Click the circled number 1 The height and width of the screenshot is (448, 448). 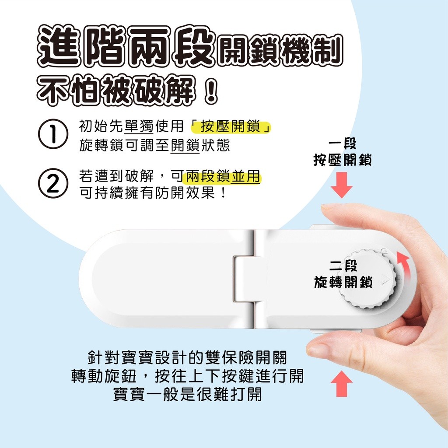[x=53, y=134]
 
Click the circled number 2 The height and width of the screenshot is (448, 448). [x=53, y=185]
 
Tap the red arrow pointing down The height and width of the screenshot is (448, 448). [x=342, y=185]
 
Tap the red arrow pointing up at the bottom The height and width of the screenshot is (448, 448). [x=342, y=383]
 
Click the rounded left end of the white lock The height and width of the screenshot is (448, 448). [x=94, y=279]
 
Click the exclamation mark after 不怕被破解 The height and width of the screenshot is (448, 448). [x=211, y=89]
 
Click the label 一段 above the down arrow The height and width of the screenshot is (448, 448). [x=342, y=143]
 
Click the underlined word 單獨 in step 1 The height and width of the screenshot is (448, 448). [x=139, y=126]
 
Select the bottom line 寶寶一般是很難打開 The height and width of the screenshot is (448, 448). [x=187, y=395]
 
